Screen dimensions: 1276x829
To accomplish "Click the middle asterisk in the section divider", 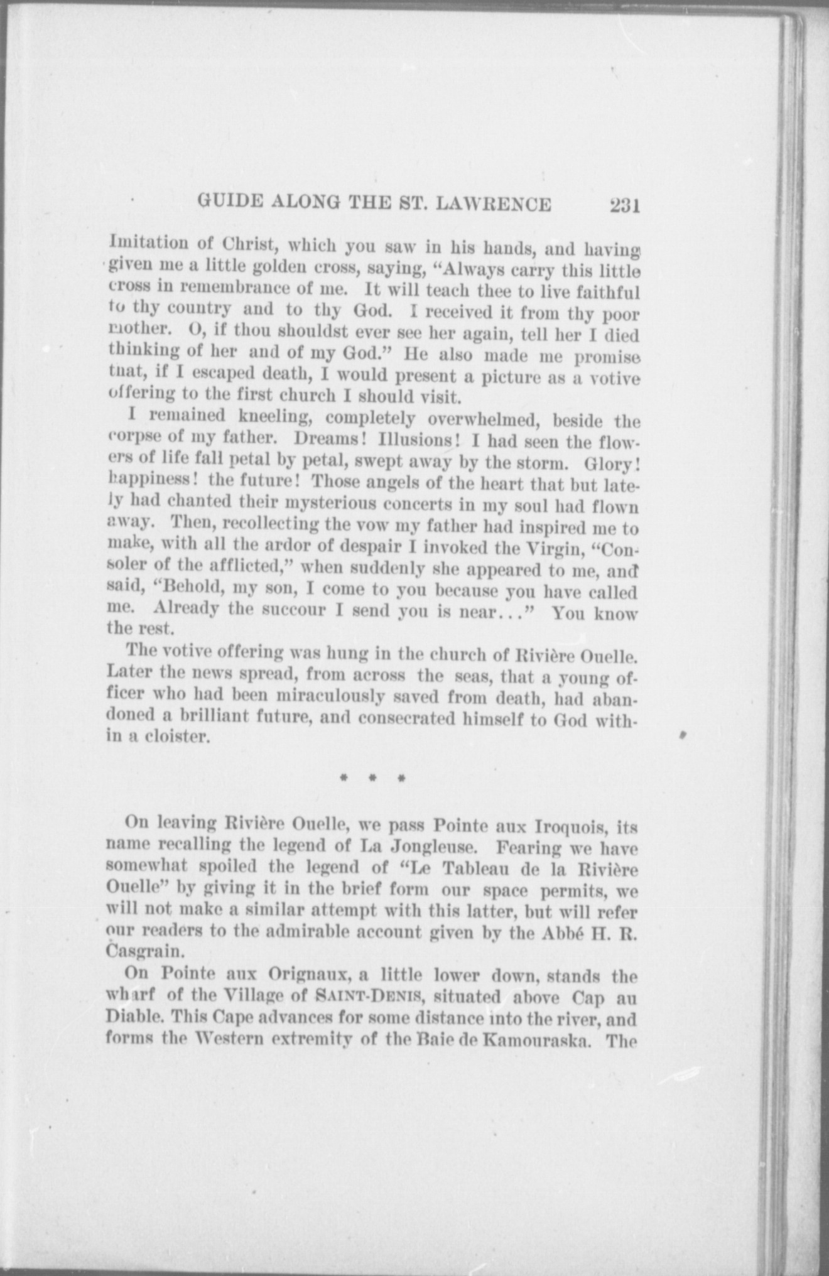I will click(371, 779).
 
